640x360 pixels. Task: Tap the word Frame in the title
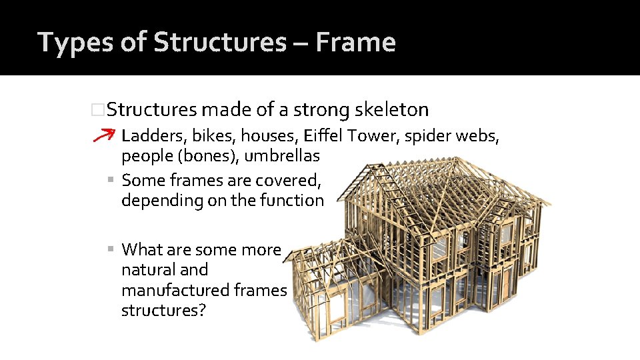click(x=355, y=42)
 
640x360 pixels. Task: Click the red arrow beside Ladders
click(x=104, y=135)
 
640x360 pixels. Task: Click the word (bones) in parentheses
click(x=199, y=157)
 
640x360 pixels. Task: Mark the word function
click(x=293, y=200)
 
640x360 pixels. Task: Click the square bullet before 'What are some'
click(x=111, y=250)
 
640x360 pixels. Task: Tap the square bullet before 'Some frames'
click(x=111, y=180)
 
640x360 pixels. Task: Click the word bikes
click(x=213, y=136)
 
